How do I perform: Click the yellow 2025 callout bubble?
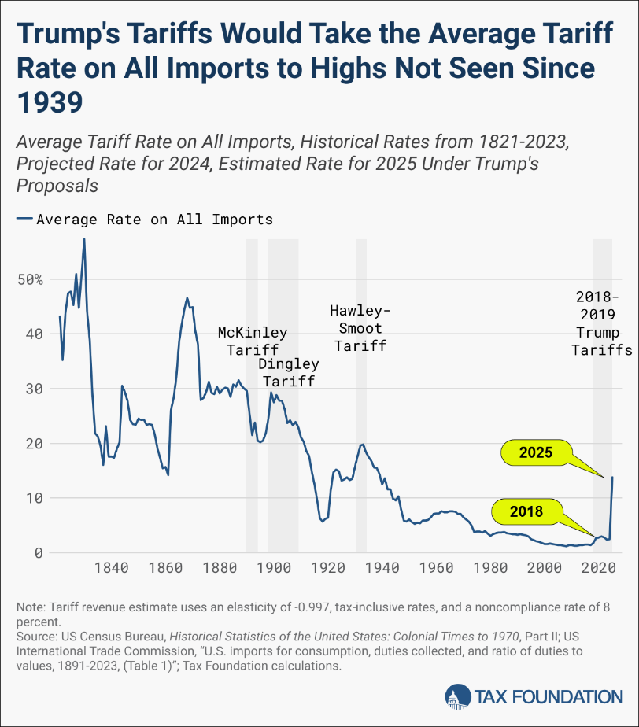coord(536,453)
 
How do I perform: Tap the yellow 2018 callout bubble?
coord(526,511)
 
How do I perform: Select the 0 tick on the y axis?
coord(37,552)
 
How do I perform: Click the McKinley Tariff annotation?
coord(253,341)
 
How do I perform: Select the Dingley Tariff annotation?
coord(288,373)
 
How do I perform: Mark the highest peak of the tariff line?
coord(84,238)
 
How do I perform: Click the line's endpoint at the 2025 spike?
coord(612,478)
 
